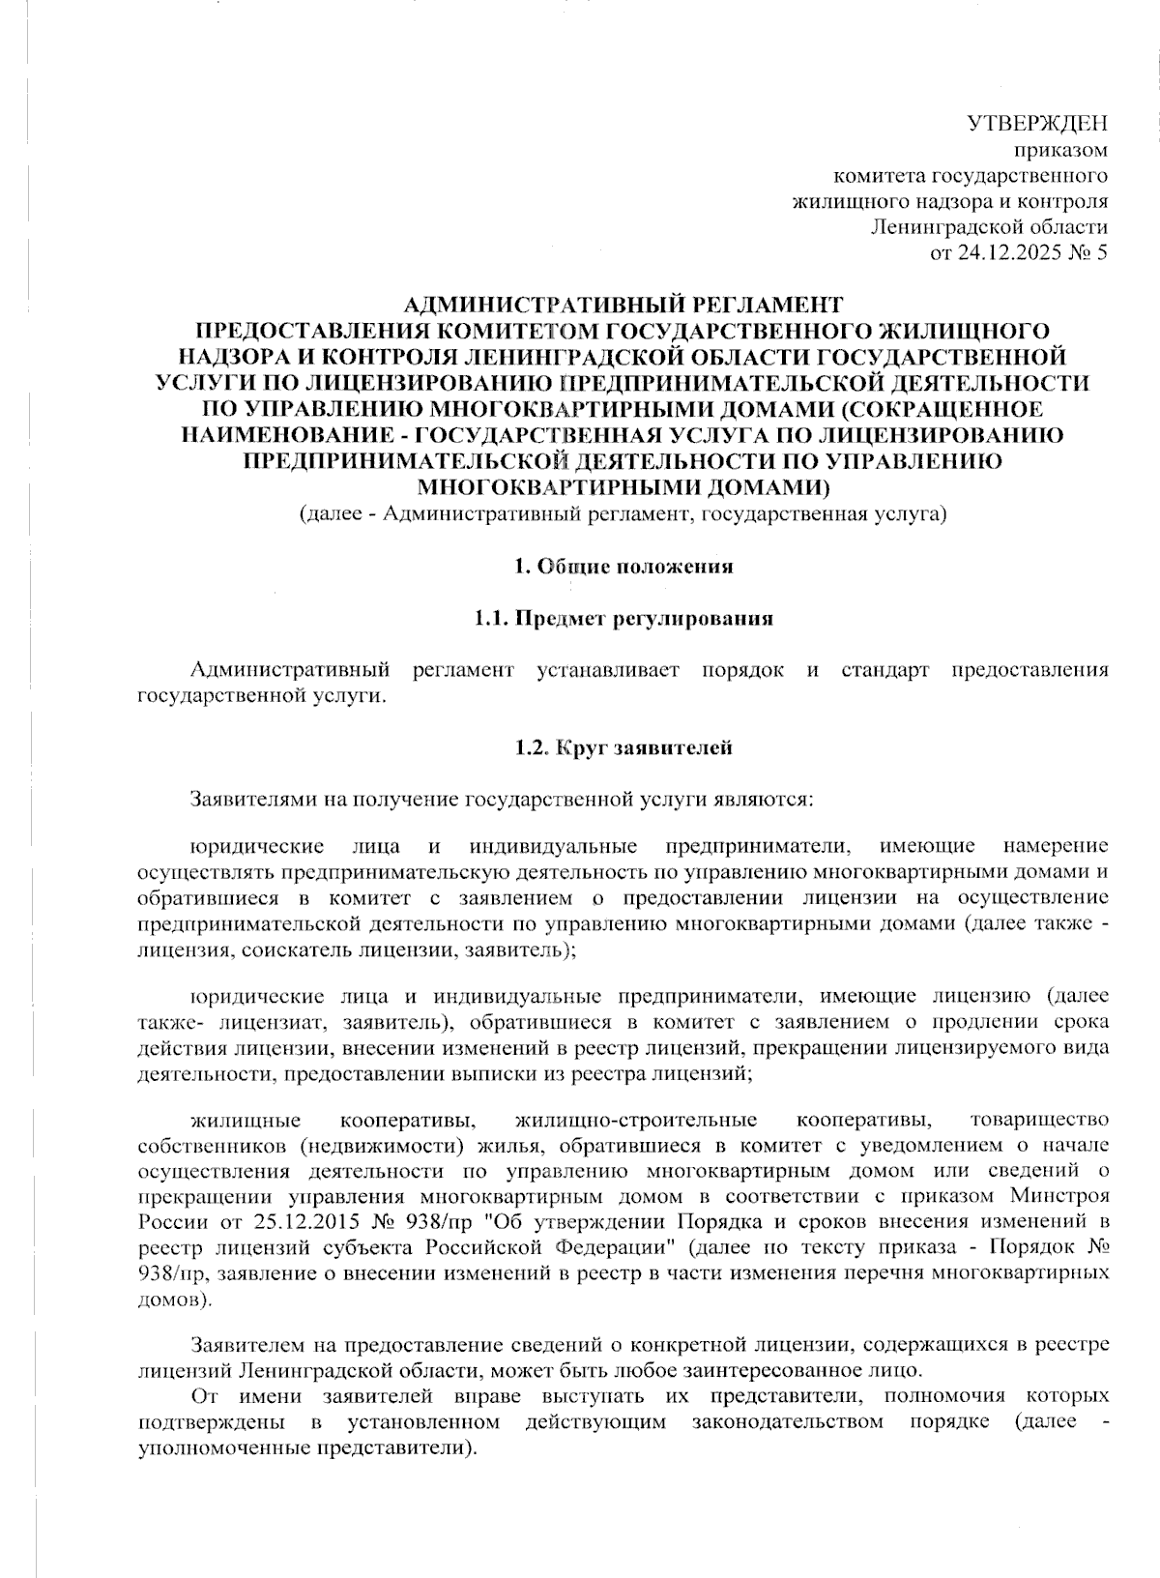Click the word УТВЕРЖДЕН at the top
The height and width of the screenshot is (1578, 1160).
point(1037,124)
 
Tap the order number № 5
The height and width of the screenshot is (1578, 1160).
point(1090,253)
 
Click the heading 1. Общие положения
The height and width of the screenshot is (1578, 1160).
point(623,567)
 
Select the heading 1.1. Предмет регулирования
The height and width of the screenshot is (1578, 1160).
point(623,619)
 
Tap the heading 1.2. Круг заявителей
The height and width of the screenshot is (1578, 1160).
point(623,747)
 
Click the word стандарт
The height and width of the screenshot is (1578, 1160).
point(884,670)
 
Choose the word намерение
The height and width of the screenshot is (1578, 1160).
point(1056,848)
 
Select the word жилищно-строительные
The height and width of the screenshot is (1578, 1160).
point(636,1121)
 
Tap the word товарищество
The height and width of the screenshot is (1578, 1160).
point(1038,1121)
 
